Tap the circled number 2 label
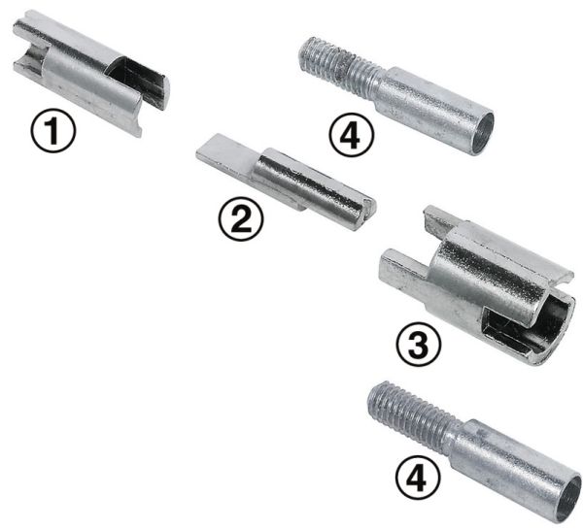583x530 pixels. pos(241,218)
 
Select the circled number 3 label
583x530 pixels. pos(418,345)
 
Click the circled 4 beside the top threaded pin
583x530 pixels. pos(351,135)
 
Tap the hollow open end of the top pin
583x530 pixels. pos(482,134)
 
